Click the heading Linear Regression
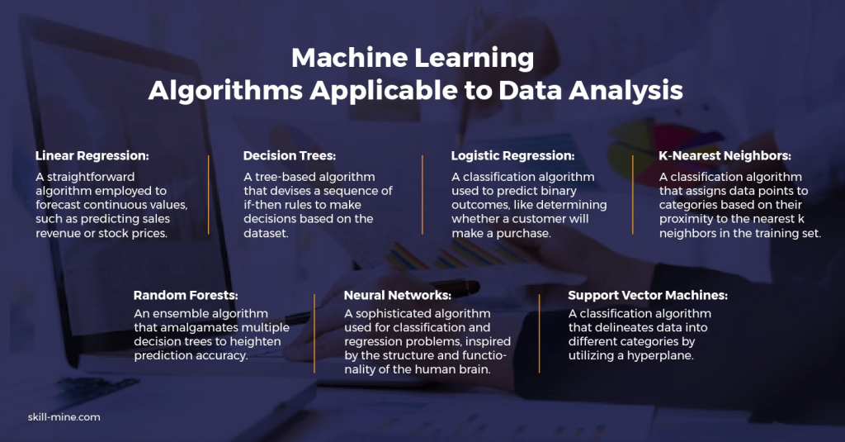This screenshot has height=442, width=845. tap(92, 156)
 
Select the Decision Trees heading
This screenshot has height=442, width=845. tap(290, 156)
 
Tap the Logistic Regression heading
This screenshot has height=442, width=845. tap(513, 156)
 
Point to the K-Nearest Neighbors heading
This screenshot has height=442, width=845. tap(725, 156)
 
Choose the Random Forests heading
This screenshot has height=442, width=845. tap(186, 295)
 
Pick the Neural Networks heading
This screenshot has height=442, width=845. tap(398, 295)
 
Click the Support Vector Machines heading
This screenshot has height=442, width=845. tap(648, 295)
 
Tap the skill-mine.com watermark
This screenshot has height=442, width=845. tap(64, 417)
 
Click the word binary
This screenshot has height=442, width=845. tap(559, 191)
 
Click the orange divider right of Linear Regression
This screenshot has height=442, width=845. tap(209, 195)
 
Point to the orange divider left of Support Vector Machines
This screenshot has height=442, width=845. tap(539, 334)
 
